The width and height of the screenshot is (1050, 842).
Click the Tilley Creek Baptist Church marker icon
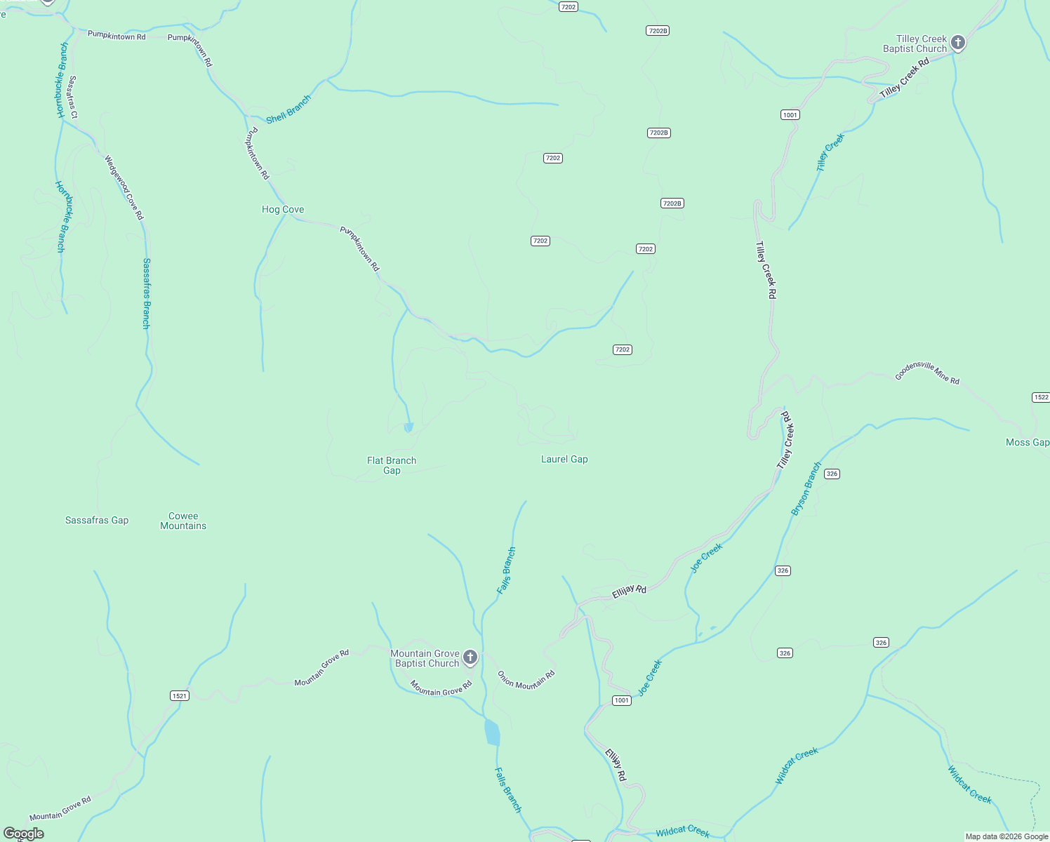point(957,43)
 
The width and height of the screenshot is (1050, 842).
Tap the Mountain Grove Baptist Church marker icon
point(470,657)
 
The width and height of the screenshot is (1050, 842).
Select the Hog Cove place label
point(283,209)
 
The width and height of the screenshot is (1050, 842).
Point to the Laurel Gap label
point(564,459)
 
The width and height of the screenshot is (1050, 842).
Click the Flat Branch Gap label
point(392,465)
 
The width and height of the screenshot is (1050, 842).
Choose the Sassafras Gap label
point(97,520)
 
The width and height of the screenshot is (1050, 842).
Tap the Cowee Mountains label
point(183,521)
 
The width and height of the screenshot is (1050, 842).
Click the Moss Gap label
point(1027,442)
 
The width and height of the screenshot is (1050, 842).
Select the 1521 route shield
point(180,695)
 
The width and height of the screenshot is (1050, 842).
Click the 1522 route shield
point(1041,397)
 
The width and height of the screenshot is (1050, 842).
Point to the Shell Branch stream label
point(288,110)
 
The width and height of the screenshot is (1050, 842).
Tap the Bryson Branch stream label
point(806,489)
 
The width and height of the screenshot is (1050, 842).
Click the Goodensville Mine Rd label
point(926,373)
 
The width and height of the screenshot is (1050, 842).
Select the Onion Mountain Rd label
point(526,679)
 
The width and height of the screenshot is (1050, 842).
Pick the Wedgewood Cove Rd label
point(124,187)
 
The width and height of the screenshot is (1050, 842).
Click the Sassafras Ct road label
point(72,97)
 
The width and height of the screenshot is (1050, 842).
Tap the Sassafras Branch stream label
point(146,293)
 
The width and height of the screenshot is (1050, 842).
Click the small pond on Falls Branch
point(492,733)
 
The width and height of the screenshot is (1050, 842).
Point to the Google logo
point(24,834)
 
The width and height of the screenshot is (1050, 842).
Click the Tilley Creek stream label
point(830,152)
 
